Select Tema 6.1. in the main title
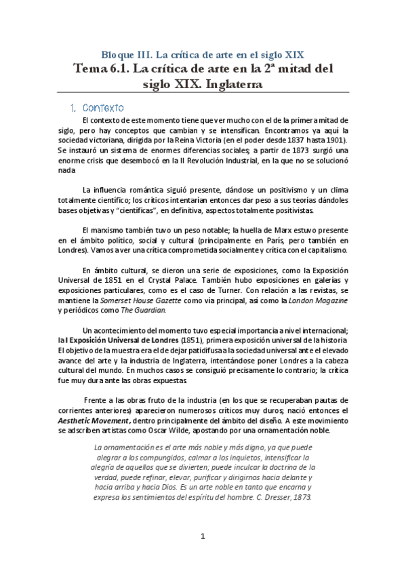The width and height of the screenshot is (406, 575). click(x=100, y=68)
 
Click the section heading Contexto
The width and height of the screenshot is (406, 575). click(x=102, y=108)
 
